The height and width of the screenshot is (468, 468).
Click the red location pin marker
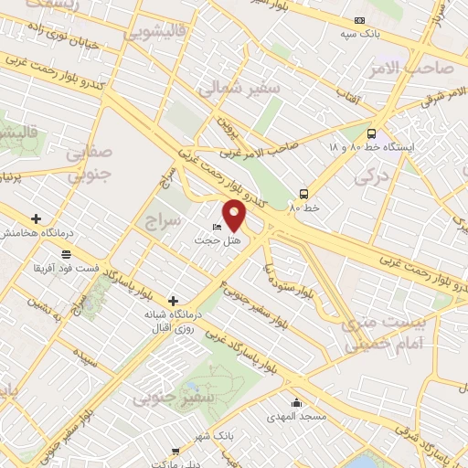(235, 216)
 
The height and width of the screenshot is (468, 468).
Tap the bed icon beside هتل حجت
(216, 228)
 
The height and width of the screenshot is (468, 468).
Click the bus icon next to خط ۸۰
(303, 193)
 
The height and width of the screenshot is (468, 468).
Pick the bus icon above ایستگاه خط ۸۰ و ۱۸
(370, 132)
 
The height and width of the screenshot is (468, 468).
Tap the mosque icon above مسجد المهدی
(296, 403)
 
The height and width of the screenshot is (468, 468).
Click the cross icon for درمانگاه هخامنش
(36, 218)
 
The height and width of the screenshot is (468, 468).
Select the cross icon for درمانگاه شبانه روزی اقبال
(173, 300)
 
